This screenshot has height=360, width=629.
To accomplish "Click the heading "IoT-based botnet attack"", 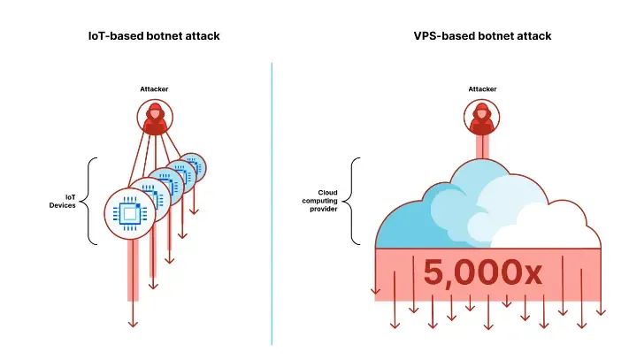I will coord(154,35).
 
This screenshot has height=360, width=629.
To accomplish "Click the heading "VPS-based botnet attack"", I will coord(482,35).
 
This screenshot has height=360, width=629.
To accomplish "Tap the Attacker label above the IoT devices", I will coord(154,88).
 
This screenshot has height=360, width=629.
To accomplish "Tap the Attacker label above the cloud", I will coord(482,88).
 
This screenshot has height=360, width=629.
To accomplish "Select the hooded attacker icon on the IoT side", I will coord(154,118).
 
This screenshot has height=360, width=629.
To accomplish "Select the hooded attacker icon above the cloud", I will coord(482,118).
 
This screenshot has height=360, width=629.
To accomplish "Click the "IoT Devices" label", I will coord(63,201).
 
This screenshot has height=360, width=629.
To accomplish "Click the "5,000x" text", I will coord(482,272).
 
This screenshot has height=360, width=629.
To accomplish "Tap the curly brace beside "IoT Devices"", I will coord(90,201).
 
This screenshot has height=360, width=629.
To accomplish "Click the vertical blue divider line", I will coord(272,203).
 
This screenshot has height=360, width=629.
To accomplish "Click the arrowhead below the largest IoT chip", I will coord(133,322).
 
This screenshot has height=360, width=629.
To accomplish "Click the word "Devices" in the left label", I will coord(63,205).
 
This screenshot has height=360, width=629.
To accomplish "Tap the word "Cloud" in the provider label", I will coord(327,192).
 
